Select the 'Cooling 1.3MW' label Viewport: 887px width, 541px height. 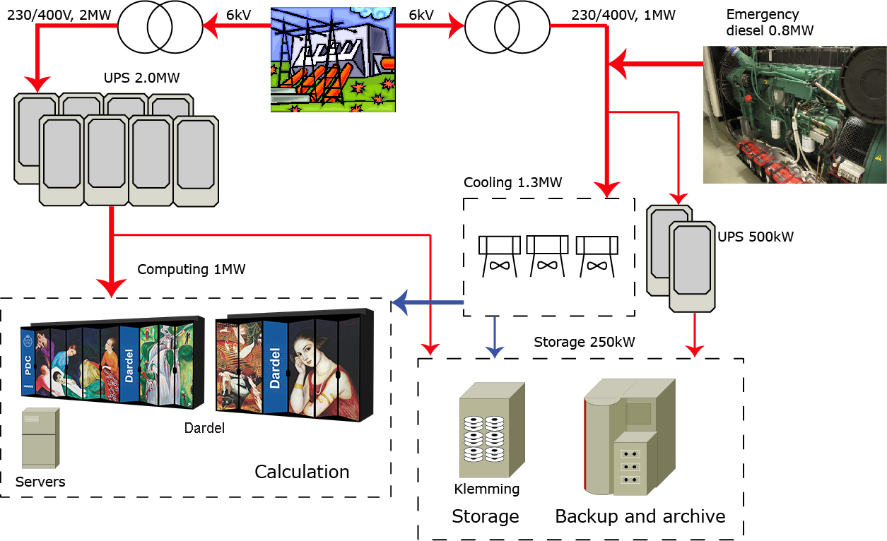point(512,183)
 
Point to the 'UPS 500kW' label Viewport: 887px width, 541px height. point(756,237)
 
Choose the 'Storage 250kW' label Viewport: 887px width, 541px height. point(584,343)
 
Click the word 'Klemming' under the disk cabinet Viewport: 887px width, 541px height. point(486,489)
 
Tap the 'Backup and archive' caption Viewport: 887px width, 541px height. point(640,516)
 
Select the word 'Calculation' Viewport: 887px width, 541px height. point(302,472)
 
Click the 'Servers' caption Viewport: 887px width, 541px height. point(40,482)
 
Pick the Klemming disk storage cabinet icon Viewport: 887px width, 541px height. point(491,430)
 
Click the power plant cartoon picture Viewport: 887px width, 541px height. point(332,59)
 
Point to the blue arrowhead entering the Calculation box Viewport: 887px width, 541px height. point(401,302)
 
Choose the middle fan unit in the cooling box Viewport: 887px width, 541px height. point(547,254)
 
